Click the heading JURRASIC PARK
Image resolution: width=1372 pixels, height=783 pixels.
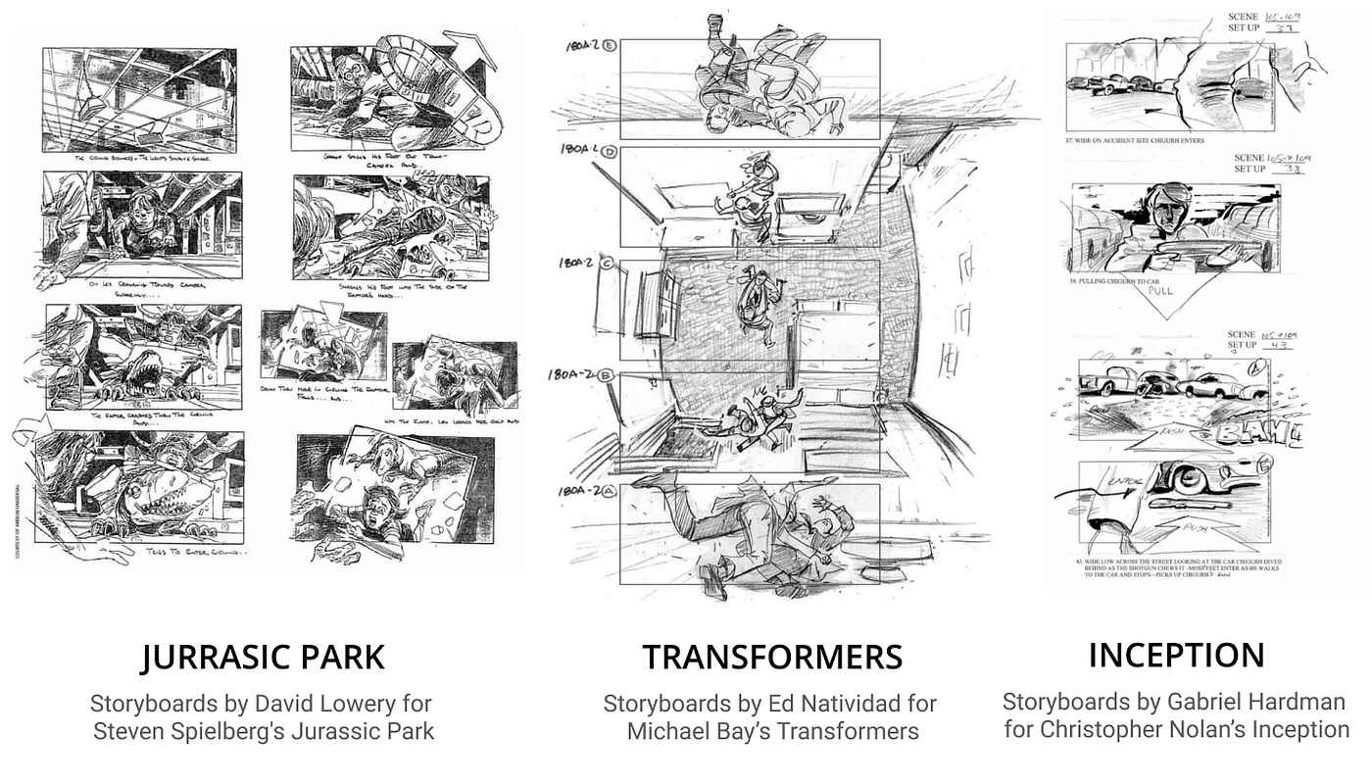[262, 657]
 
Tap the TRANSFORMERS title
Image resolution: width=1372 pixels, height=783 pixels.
[772, 657]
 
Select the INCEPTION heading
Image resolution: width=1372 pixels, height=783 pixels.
[1176, 655]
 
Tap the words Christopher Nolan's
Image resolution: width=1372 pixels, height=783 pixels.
[1126, 729]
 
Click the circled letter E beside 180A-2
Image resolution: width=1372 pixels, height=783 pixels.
[610, 46]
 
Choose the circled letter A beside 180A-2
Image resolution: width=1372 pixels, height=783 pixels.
[610, 492]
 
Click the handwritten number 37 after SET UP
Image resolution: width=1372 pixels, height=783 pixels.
[1286, 28]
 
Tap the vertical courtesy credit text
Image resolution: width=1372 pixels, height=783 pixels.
[19, 519]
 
